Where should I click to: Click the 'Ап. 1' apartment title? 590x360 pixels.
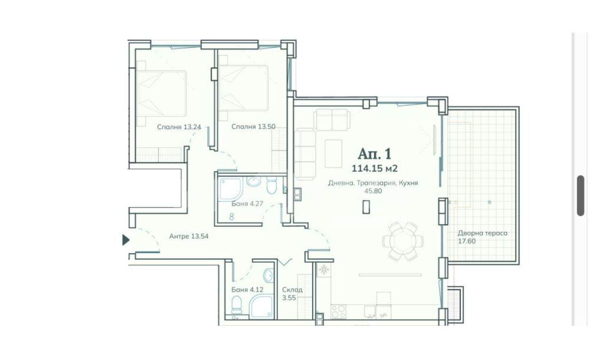(x=375, y=154)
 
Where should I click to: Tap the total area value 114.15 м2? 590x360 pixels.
(x=375, y=169)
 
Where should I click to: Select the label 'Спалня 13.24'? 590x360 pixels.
(x=179, y=127)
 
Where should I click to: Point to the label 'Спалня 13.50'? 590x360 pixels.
(x=253, y=127)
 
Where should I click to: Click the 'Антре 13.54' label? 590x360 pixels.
(x=189, y=236)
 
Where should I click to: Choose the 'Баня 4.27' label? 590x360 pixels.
(x=247, y=203)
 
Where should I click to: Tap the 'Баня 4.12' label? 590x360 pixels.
(x=247, y=290)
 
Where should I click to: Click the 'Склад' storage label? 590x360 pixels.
(x=292, y=290)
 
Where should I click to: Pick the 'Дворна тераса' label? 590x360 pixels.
(x=483, y=233)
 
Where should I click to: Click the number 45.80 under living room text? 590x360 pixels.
(x=373, y=191)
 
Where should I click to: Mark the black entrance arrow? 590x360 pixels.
(x=126, y=240)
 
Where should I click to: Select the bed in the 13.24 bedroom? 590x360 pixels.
(x=162, y=93)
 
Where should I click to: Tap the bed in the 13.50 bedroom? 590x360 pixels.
(x=244, y=88)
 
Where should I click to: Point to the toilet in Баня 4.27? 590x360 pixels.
(x=272, y=186)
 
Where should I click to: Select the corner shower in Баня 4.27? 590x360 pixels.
(x=231, y=189)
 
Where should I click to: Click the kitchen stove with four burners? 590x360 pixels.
(x=338, y=312)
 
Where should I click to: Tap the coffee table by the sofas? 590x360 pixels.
(x=333, y=153)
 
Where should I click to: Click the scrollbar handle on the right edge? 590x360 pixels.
(x=581, y=196)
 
